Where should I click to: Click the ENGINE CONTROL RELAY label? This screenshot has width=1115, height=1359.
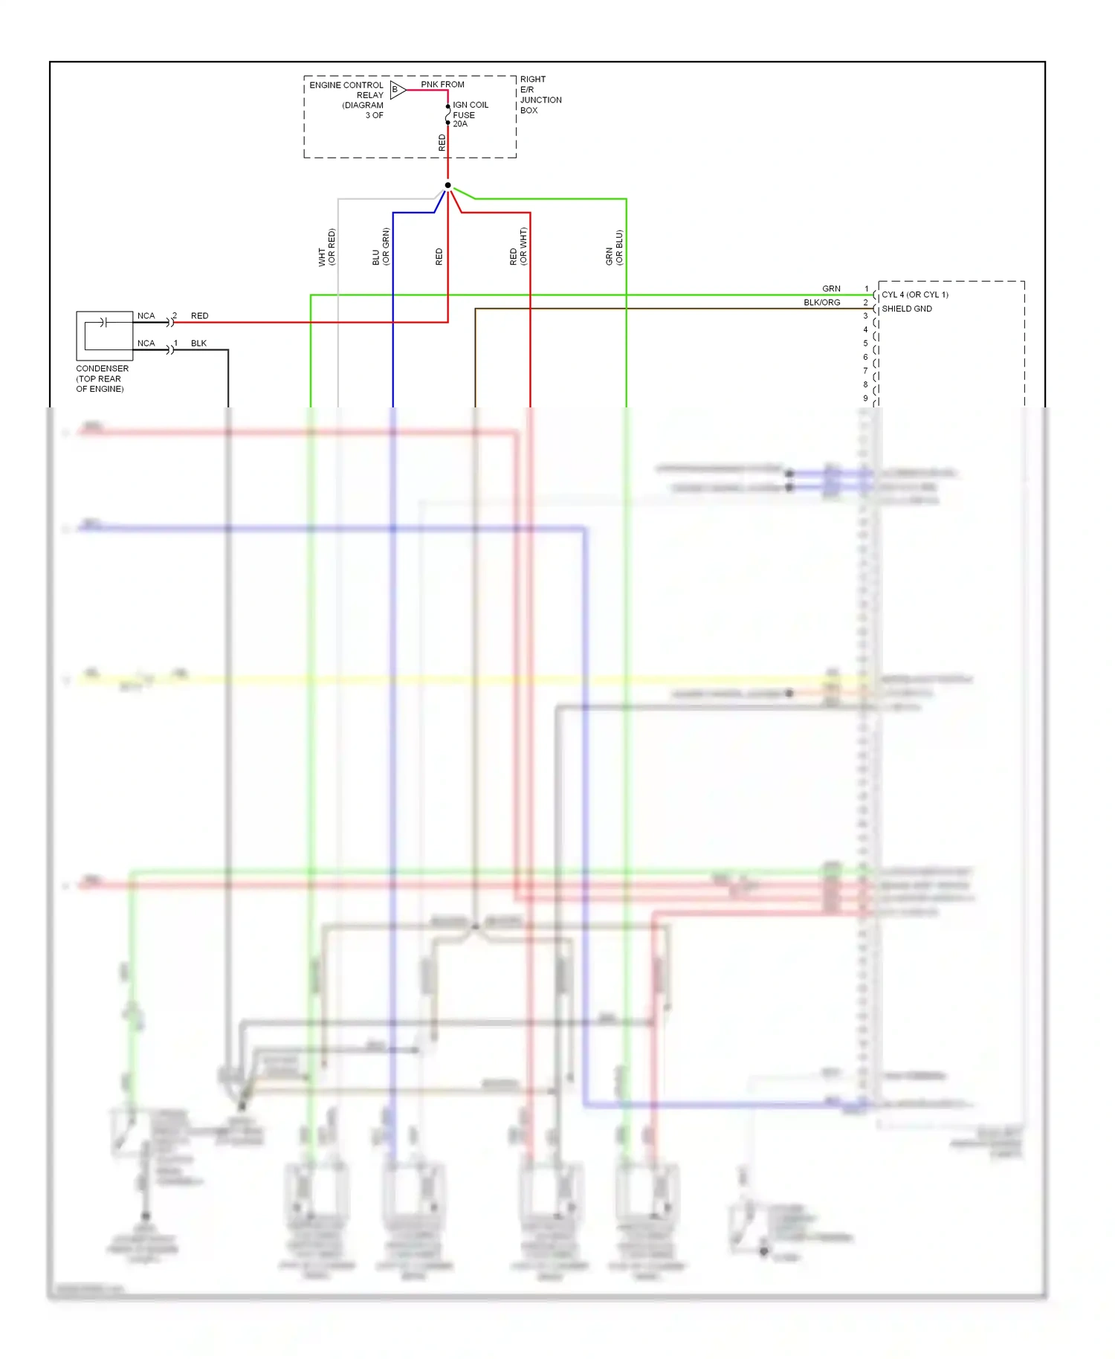point(346,90)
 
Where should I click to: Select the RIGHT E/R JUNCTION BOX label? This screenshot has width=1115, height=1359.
point(540,94)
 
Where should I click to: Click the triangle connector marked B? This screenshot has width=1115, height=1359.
point(397,90)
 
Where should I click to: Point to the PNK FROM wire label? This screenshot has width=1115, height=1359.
point(442,84)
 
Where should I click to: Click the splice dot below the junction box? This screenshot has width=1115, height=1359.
point(447,185)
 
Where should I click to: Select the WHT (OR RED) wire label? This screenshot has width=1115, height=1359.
point(326,247)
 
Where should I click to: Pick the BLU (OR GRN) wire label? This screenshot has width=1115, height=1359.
point(381,247)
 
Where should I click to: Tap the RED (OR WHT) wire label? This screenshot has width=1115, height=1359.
point(518,247)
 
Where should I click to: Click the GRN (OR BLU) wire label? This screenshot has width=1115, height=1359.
point(614,248)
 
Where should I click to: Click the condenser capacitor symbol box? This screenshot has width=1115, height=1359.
point(105,335)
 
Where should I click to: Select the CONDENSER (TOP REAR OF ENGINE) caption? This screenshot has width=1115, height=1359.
point(102,378)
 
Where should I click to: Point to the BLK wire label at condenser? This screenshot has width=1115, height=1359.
point(198,343)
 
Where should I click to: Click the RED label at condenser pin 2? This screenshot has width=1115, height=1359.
point(199,316)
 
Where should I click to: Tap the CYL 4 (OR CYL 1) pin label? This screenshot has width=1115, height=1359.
point(915,294)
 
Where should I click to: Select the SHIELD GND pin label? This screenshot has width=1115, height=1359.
point(907,309)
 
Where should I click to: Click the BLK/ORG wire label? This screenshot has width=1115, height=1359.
point(821,303)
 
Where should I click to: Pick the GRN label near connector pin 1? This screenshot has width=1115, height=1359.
point(831,288)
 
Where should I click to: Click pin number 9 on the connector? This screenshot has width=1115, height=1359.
point(865,398)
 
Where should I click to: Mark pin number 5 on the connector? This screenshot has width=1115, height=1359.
point(865,343)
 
